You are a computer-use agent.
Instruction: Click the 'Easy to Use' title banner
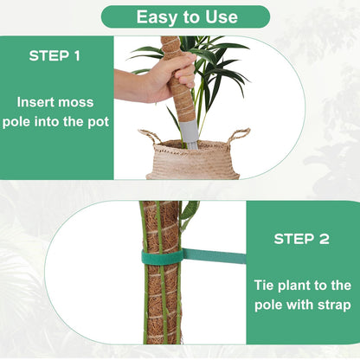point(185,16)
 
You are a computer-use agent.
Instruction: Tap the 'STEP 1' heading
point(55,56)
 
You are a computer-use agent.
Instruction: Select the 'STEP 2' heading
point(302,238)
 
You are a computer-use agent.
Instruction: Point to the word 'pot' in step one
point(97,121)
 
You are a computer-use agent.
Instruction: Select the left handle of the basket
point(150,137)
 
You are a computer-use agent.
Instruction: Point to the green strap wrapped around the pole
point(162,256)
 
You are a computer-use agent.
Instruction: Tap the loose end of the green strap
point(216,255)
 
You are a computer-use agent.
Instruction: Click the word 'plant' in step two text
point(293,285)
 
